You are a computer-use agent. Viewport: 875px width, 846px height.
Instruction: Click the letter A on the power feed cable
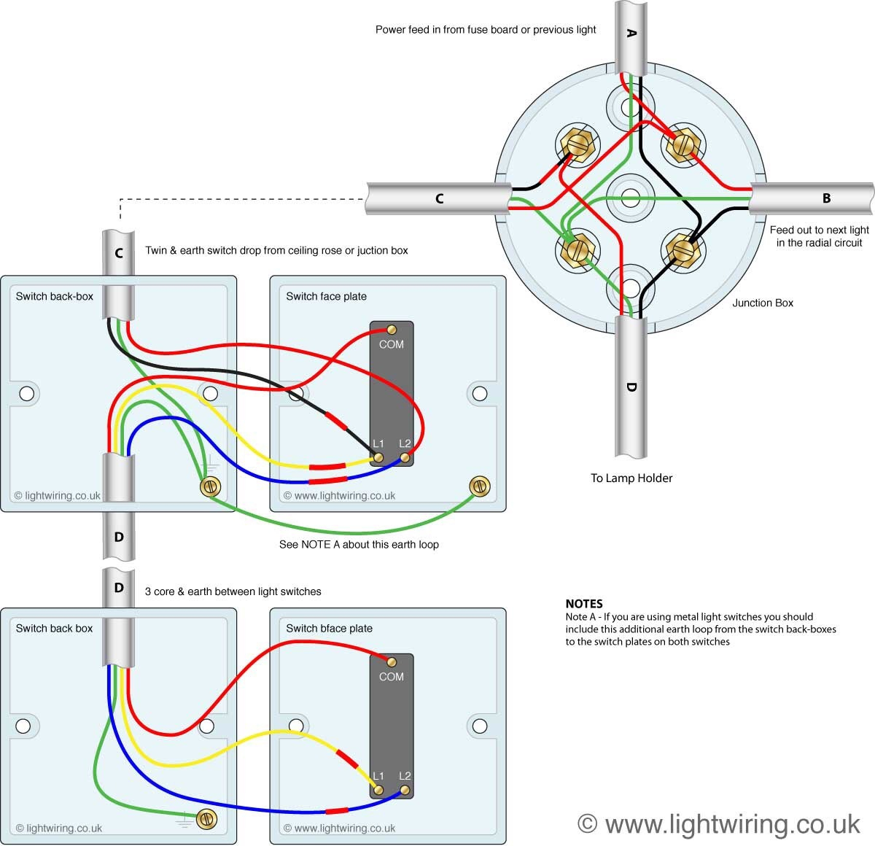coord(631,34)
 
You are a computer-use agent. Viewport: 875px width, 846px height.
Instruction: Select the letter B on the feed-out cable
coord(826,198)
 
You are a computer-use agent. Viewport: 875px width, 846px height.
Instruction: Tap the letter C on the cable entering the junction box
coord(439,198)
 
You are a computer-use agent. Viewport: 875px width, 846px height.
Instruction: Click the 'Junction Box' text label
coord(763,303)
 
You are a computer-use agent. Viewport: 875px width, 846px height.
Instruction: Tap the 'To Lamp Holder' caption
coord(631,478)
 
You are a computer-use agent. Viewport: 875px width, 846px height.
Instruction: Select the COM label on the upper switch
coord(392,344)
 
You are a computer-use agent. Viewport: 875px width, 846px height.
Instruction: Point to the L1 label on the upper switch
coord(378,443)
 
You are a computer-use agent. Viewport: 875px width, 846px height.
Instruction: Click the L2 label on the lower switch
coord(405,776)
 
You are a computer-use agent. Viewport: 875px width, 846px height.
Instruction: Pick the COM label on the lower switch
coord(392,677)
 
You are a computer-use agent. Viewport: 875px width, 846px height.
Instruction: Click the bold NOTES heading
coord(584,604)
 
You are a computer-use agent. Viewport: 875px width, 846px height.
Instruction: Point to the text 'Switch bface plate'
coord(329,629)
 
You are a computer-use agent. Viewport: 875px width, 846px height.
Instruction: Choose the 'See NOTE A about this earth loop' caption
coord(359,545)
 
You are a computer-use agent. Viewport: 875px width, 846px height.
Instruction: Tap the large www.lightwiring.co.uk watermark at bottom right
coord(719,823)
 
